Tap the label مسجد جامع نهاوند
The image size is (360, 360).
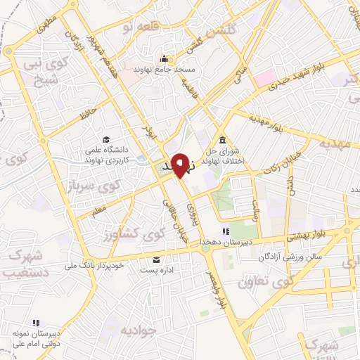point(163,70)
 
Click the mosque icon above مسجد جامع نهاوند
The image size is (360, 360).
point(164,58)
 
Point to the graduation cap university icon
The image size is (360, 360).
point(105,140)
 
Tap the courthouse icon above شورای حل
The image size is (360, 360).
point(223,139)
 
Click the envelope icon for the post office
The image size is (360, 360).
point(157,259)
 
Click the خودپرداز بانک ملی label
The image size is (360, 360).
point(98,264)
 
